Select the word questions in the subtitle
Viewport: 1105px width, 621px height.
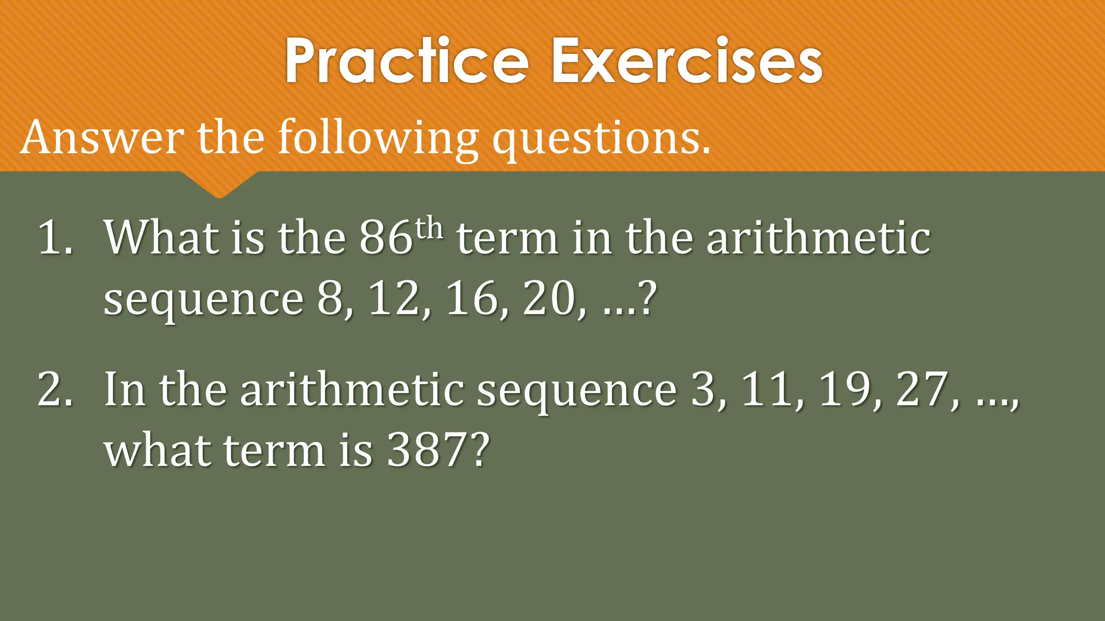[601, 139]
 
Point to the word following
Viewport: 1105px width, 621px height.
[378, 139]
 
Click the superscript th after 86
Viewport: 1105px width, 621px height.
[429, 229]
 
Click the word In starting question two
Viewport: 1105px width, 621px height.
[125, 389]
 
